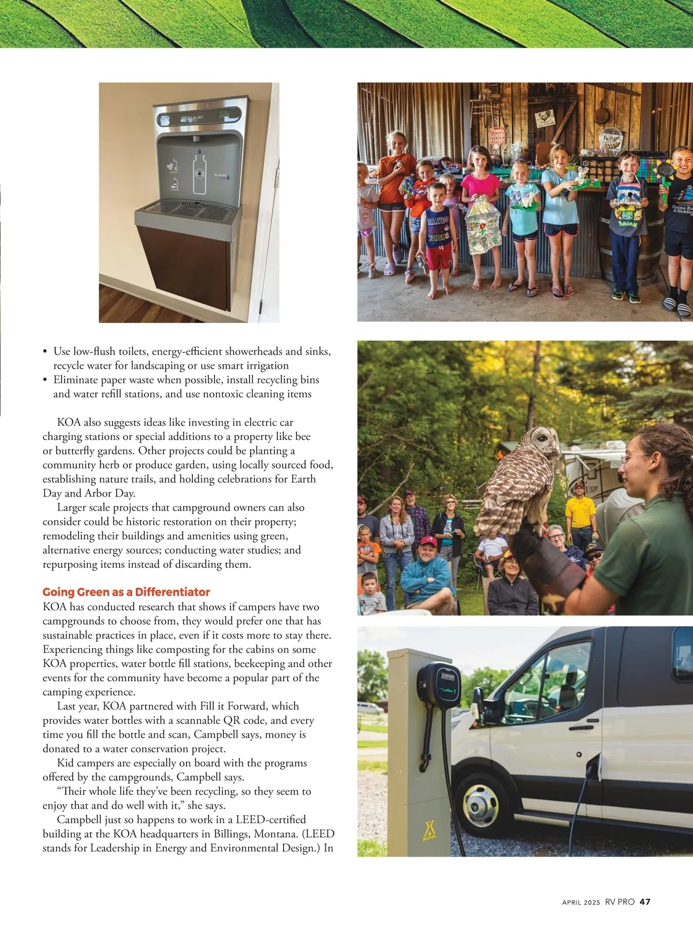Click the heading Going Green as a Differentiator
pyautogui.click(x=126, y=592)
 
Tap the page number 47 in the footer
pyautogui.click(x=645, y=902)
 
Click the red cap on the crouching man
pyautogui.click(x=428, y=542)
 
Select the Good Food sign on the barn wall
pyautogui.click(x=497, y=136)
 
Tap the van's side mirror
pyautogui.click(x=478, y=699)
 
